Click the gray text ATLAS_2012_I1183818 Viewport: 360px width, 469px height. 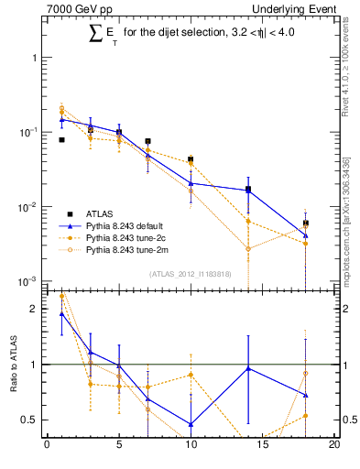click(190, 274)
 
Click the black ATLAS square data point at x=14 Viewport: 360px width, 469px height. click(248, 190)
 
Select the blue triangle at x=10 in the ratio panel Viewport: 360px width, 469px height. click(191, 424)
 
